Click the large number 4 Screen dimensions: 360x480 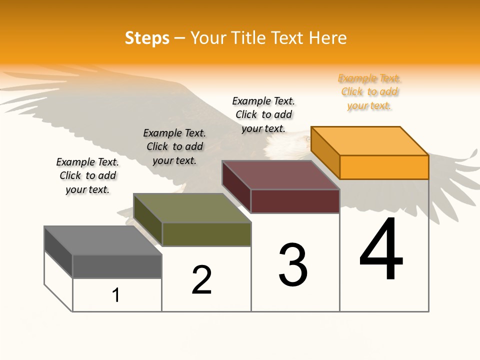(x=381, y=249)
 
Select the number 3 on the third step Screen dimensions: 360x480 (x=293, y=265)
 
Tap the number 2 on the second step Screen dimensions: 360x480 (x=202, y=279)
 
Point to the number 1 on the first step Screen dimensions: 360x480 (x=116, y=295)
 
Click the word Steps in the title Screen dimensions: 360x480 (x=147, y=38)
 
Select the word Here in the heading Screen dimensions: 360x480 (x=328, y=38)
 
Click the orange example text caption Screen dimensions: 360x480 (x=369, y=92)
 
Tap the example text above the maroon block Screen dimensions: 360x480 (x=263, y=114)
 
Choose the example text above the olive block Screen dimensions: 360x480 (x=174, y=146)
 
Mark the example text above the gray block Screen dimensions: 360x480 (x=87, y=175)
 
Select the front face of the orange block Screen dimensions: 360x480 (x=384, y=167)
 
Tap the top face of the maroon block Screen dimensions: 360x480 (x=281, y=175)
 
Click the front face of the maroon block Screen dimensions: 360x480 (x=295, y=201)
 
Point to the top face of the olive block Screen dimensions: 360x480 (x=192, y=208)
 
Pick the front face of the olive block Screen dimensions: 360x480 (x=206, y=234)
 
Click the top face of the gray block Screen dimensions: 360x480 (x=103, y=240)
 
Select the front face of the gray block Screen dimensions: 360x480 (x=117, y=266)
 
